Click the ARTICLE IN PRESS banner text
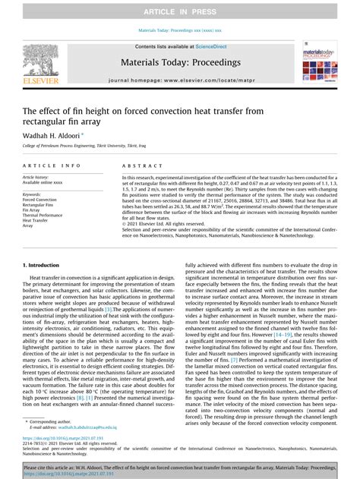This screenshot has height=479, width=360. click(x=180, y=10)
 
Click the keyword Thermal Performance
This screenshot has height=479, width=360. click(x=43, y=215)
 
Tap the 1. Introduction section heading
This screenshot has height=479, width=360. click(x=46, y=266)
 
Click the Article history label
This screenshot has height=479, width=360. click(x=37, y=177)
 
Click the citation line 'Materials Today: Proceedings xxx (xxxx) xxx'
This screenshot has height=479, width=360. click(x=180, y=31)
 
